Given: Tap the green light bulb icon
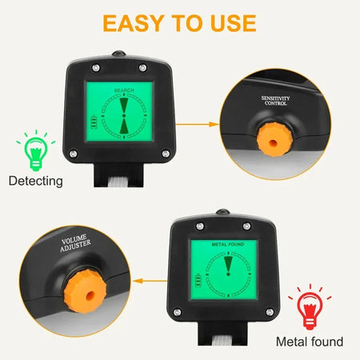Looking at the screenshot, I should click(34, 150).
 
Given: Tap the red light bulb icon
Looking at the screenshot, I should click(310, 306).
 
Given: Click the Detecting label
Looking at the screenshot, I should click(35, 181).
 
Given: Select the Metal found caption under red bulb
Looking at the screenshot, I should click(310, 342).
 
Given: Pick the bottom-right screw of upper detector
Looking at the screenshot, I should click(166, 154).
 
